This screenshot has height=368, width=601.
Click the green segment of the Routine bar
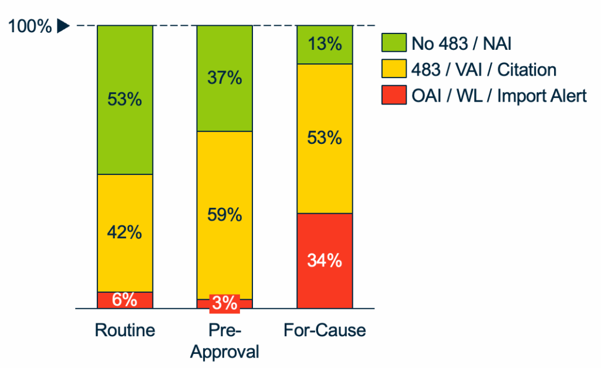click(125, 100)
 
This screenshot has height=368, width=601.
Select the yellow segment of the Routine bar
click(125, 233)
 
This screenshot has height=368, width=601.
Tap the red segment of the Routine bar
click(125, 300)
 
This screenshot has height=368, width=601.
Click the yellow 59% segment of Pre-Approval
click(225, 215)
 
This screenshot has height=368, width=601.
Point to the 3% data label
click(225, 303)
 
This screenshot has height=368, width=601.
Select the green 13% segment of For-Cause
click(325, 45)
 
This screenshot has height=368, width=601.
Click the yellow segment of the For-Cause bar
click(325, 139)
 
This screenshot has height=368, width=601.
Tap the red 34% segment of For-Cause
click(325, 261)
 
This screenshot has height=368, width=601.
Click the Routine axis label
click(125, 330)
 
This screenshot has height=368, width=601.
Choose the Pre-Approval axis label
click(225, 341)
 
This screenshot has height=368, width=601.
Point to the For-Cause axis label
click(325, 330)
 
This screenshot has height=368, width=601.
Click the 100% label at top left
click(30, 26)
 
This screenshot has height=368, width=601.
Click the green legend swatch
click(393, 43)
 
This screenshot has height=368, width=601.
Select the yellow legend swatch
click(393, 69)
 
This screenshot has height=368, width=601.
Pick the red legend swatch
click(393, 96)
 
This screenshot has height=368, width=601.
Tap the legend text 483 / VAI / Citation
click(484, 69)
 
